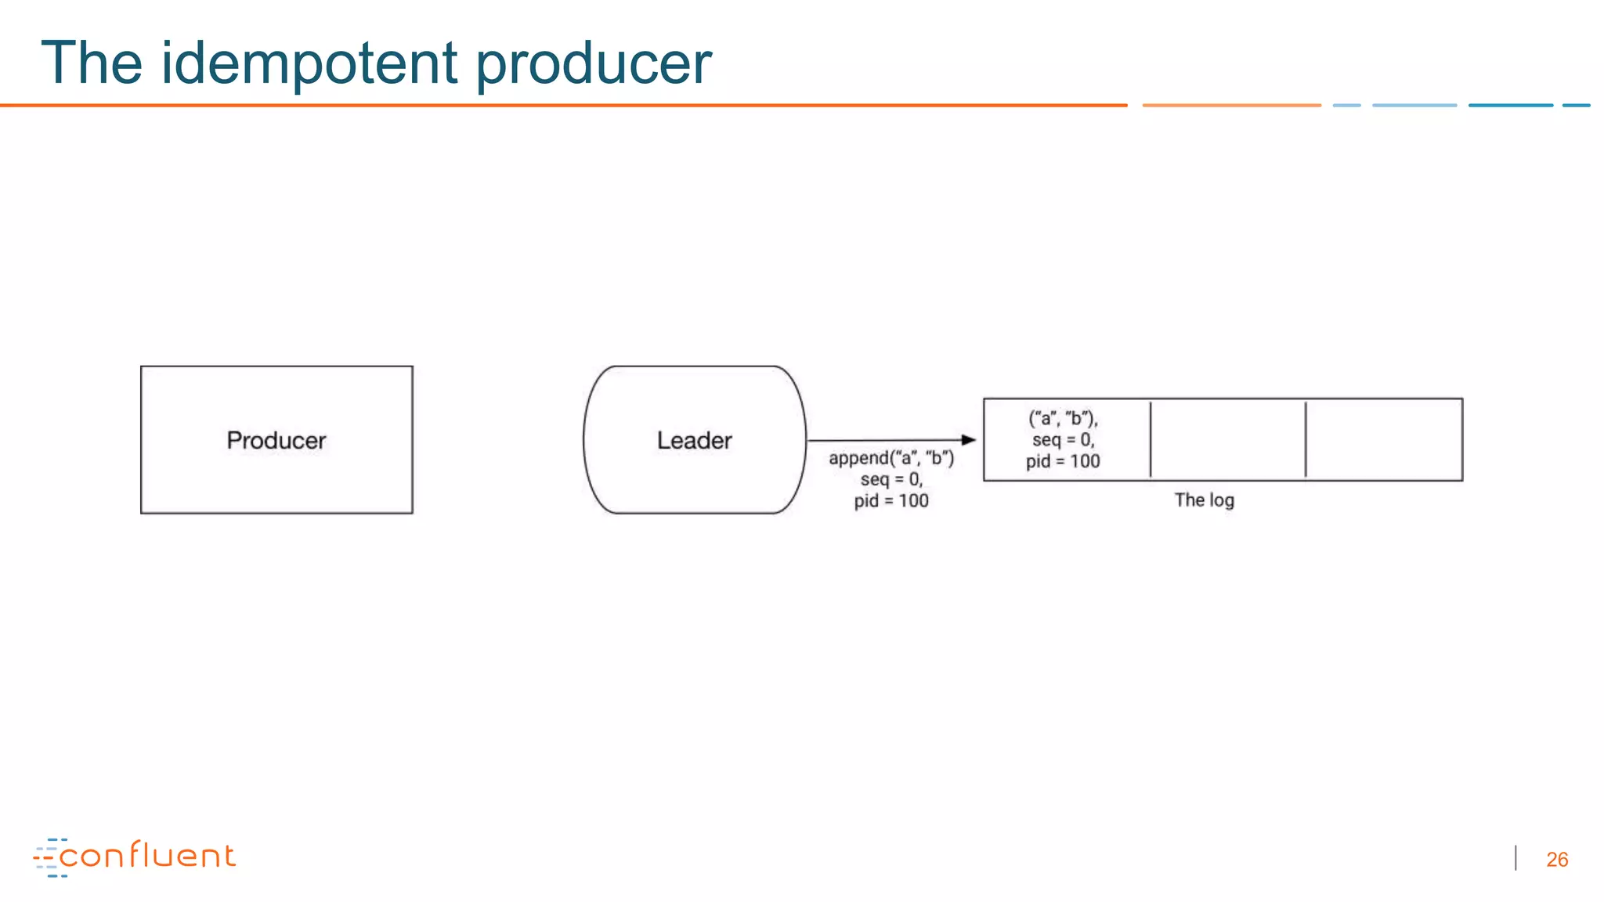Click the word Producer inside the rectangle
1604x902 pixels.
(276, 440)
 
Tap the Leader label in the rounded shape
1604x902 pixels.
(694, 440)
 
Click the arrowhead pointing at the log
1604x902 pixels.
(969, 440)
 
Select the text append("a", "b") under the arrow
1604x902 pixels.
(891, 458)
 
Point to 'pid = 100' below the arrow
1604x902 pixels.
(891, 501)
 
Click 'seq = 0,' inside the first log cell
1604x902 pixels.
(1063, 440)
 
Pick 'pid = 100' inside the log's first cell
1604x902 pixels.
(1063, 462)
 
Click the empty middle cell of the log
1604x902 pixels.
(1227, 439)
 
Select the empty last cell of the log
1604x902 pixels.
(1383, 439)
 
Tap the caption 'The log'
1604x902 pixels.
(1204, 500)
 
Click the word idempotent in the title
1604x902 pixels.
(309, 63)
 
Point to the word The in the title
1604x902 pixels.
(92, 63)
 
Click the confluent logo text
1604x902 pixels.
(147, 856)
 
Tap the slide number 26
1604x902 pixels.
(1557, 860)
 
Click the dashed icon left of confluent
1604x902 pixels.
(49, 858)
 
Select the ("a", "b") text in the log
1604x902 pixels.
(1063, 418)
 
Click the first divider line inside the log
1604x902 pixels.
(1151, 439)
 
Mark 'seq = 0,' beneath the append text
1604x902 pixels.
(891, 479)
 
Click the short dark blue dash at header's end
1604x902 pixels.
(1576, 105)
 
